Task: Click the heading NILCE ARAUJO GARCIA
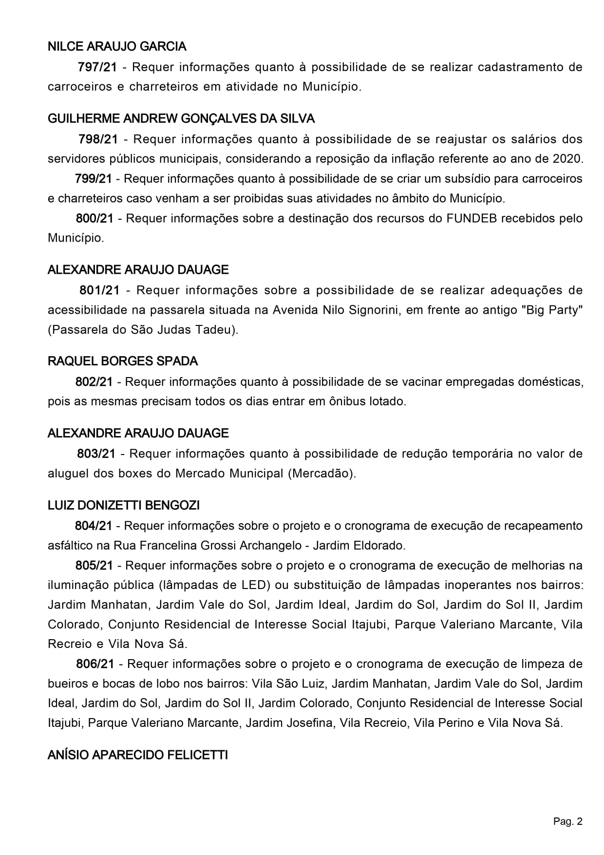pyautogui.click(x=117, y=47)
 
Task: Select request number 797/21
pyautogui.click(x=97, y=67)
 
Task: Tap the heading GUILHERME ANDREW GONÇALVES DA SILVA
pyautogui.click(x=181, y=119)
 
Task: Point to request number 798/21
pyautogui.click(x=98, y=139)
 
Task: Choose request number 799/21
pyautogui.click(x=94, y=179)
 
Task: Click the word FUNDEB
pyautogui.click(x=471, y=218)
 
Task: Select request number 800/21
pyautogui.click(x=94, y=218)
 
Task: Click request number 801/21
pyautogui.click(x=99, y=290)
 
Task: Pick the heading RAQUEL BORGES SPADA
pyautogui.click(x=123, y=361)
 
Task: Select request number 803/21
pyautogui.click(x=96, y=454)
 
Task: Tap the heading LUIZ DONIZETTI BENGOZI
pyautogui.click(x=124, y=506)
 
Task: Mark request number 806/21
pyautogui.click(x=95, y=664)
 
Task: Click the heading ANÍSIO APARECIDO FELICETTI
pyautogui.click(x=138, y=756)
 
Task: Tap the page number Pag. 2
pyautogui.click(x=567, y=822)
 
